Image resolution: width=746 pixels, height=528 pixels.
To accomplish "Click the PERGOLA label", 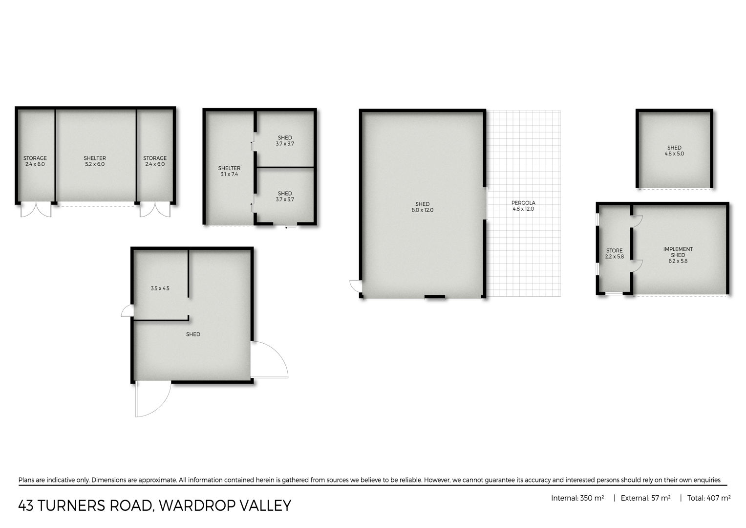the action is pos(523,203).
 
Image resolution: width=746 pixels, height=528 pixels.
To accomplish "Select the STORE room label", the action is pos(615,251).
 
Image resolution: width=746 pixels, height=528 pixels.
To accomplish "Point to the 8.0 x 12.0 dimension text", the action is pos(422,210).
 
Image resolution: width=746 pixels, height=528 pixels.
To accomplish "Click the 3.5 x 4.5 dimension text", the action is pos(160,288).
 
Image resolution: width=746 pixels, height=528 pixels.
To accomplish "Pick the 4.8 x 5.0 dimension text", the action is pos(674,154).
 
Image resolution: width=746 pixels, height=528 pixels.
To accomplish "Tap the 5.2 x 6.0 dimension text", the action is pos(95,164).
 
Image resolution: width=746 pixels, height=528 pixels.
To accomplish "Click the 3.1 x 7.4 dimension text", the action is pos(229,174).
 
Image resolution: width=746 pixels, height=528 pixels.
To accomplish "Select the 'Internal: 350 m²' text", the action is pos(577,498).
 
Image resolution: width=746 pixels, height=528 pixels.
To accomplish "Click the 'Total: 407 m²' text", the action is pos(709,498).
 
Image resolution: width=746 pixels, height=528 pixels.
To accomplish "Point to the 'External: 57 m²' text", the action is pos(645,498).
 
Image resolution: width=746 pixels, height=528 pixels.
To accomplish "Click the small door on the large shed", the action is pos(355,286).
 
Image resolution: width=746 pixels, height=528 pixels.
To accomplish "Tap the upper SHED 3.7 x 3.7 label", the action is pos(285,141).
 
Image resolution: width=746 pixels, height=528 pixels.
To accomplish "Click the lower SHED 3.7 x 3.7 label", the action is pos(285,197).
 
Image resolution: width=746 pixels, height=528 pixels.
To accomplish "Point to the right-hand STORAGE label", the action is pos(155,158).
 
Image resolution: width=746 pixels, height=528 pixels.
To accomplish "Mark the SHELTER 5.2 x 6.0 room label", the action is pos(95,161).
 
